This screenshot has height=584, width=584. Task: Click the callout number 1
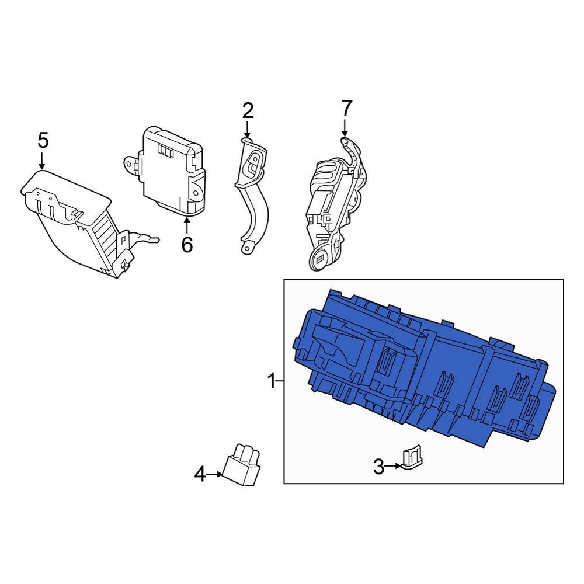coord(270,382)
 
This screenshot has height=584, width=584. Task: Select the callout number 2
coord(248,110)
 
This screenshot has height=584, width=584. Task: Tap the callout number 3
coord(379,467)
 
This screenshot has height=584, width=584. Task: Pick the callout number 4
coord(200,475)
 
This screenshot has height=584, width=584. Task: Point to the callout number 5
coord(43,140)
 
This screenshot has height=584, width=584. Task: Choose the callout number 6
coord(186,245)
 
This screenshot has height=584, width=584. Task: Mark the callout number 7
coord(346,107)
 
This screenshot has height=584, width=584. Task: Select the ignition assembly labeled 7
coord(333,204)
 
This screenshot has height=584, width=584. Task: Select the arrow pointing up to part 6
coord(186,225)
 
